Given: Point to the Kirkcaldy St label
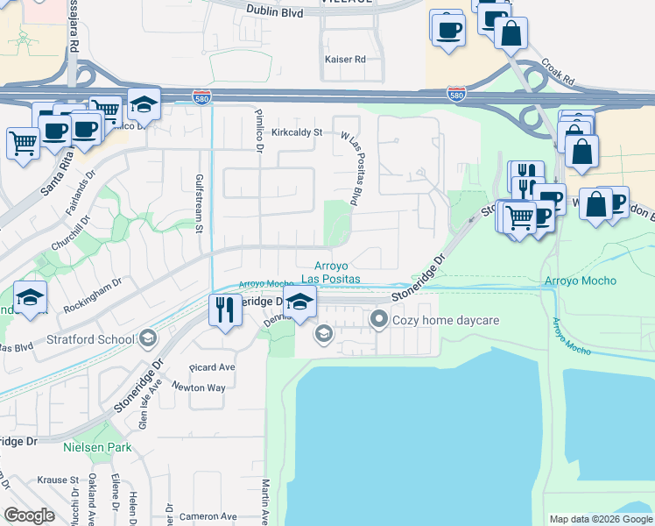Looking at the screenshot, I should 297,132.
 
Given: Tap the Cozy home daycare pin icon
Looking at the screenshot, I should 379,320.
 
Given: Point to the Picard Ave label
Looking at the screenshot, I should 214,367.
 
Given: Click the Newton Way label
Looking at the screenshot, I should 198,387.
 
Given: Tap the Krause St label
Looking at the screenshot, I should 58,481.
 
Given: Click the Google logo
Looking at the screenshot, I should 29,515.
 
